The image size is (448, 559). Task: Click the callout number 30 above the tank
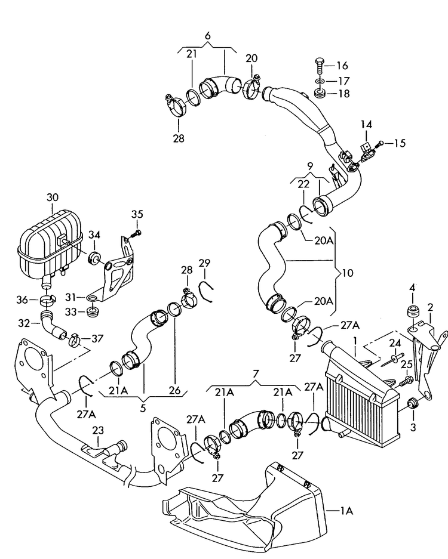(53, 197)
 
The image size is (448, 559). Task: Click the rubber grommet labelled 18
(318, 93)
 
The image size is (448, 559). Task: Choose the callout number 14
(366, 124)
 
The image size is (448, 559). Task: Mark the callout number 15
(399, 143)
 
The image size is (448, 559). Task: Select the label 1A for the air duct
(346, 511)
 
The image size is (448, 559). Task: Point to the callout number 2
(429, 307)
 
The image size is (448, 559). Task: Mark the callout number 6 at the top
(207, 36)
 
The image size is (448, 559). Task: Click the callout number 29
(204, 262)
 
